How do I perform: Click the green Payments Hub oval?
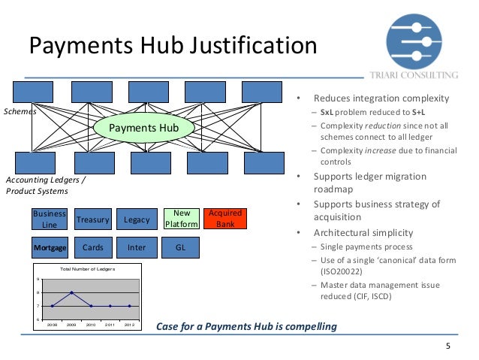pyautogui.click(x=143, y=128)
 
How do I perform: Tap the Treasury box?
pyautogui.click(x=93, y=219)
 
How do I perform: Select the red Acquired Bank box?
pyautogui.click(x=224, y=219)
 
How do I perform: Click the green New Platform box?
pyautogui.click(x=181, y=219)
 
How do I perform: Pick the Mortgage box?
pyautogui.click(x=50, y=247)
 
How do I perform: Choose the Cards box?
pyautogui.click(x=93, y=247)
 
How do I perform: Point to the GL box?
pyautogui.click(x=181, y=247)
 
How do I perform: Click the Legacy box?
pyautogui.click(x=137, y=219)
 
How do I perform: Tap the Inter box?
pyautogui.click(x=137, y=247)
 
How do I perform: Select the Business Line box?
pyautogui.click(x=50, y=219)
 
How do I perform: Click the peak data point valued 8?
pyautogui.click(x=71, y=292)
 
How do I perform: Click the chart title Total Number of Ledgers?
pyautogui.click(x=87, y=268)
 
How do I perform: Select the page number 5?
pyautogui.click(x=448, y=346)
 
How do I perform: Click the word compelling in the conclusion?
pyautogui.click(x=304, y=327)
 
